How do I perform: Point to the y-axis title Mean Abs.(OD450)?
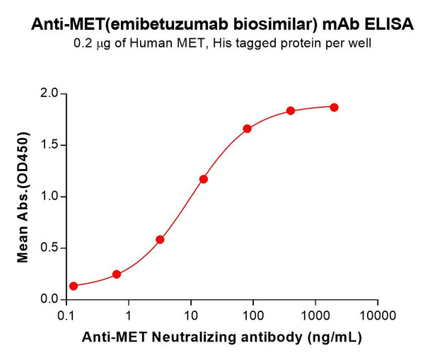pos(23,197)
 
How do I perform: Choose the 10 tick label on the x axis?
pos(190,313)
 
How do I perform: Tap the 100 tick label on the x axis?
pos(252,313)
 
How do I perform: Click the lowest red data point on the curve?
pos(74,286)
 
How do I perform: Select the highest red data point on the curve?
pos(334,108)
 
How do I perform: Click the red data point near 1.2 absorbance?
pos(204,179)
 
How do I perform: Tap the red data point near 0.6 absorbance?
pos(160,240)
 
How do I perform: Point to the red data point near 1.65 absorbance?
pos(247,129)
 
